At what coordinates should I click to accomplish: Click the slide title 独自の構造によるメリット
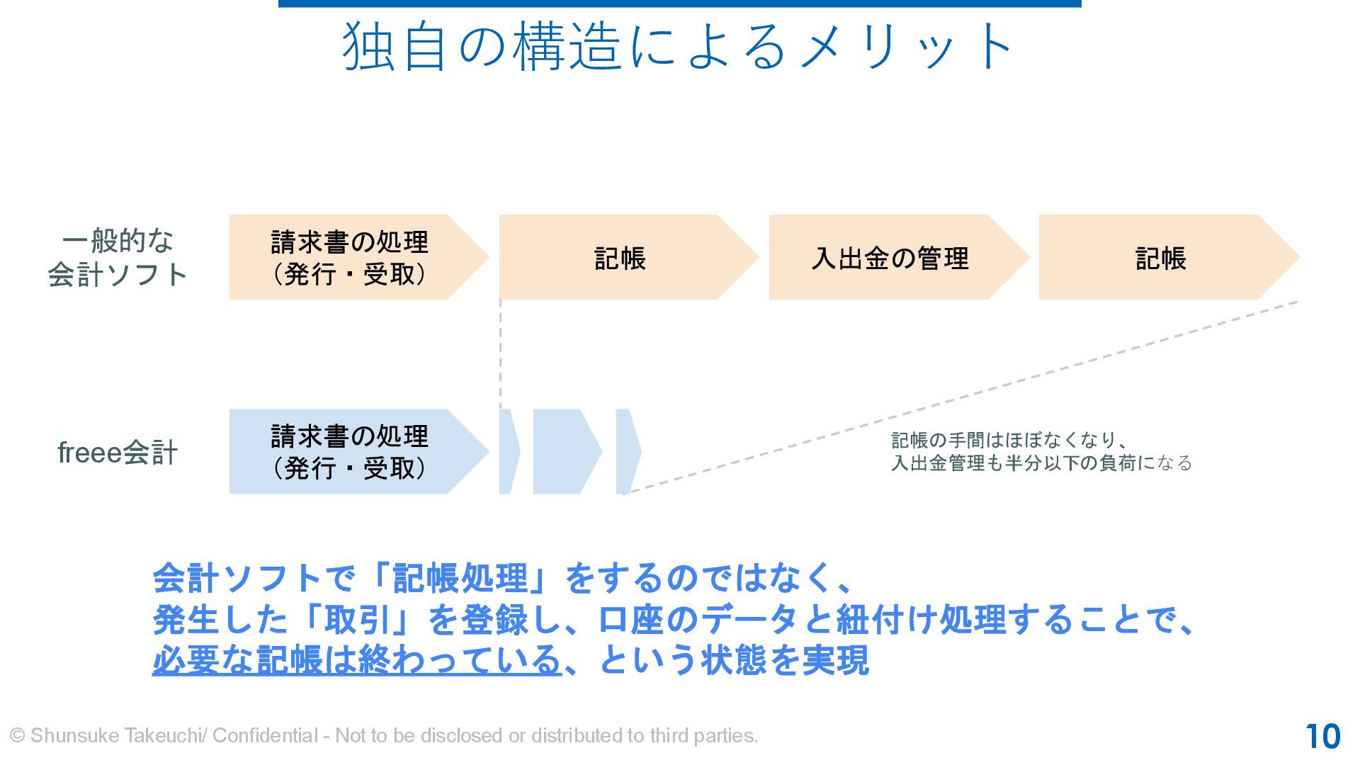[679, 47]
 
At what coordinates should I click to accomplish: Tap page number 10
[1322, 737]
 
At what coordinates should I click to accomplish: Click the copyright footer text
[383, 736]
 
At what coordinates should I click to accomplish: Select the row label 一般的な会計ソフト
[118, 257]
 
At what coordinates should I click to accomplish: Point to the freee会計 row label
[118, 453]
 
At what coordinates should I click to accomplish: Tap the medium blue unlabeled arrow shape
[564, 451]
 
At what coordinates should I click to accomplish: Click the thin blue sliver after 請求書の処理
[508, 451]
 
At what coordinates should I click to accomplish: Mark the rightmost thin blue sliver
[627, 451]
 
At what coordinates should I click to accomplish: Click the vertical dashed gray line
[501, 354]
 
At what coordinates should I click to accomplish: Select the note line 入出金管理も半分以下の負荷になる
[1041, 463]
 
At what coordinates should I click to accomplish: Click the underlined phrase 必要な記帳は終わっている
[356, 660]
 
